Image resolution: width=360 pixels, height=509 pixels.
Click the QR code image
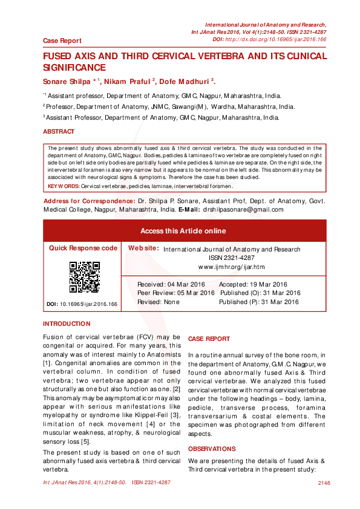84,277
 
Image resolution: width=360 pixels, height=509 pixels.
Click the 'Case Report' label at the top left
62,41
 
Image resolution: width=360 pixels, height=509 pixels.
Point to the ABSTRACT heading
59,131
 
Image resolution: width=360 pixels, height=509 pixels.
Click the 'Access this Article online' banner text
183,231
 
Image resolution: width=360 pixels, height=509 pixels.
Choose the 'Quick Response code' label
83,248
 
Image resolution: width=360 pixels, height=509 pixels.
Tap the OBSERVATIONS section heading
212,449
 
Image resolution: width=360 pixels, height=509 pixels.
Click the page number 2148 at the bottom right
323,482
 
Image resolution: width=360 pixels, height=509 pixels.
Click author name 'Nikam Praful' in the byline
129,81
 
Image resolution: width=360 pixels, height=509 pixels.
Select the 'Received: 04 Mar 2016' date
171,284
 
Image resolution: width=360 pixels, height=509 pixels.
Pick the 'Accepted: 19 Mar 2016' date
252,284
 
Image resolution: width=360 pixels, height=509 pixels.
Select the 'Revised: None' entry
159,302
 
